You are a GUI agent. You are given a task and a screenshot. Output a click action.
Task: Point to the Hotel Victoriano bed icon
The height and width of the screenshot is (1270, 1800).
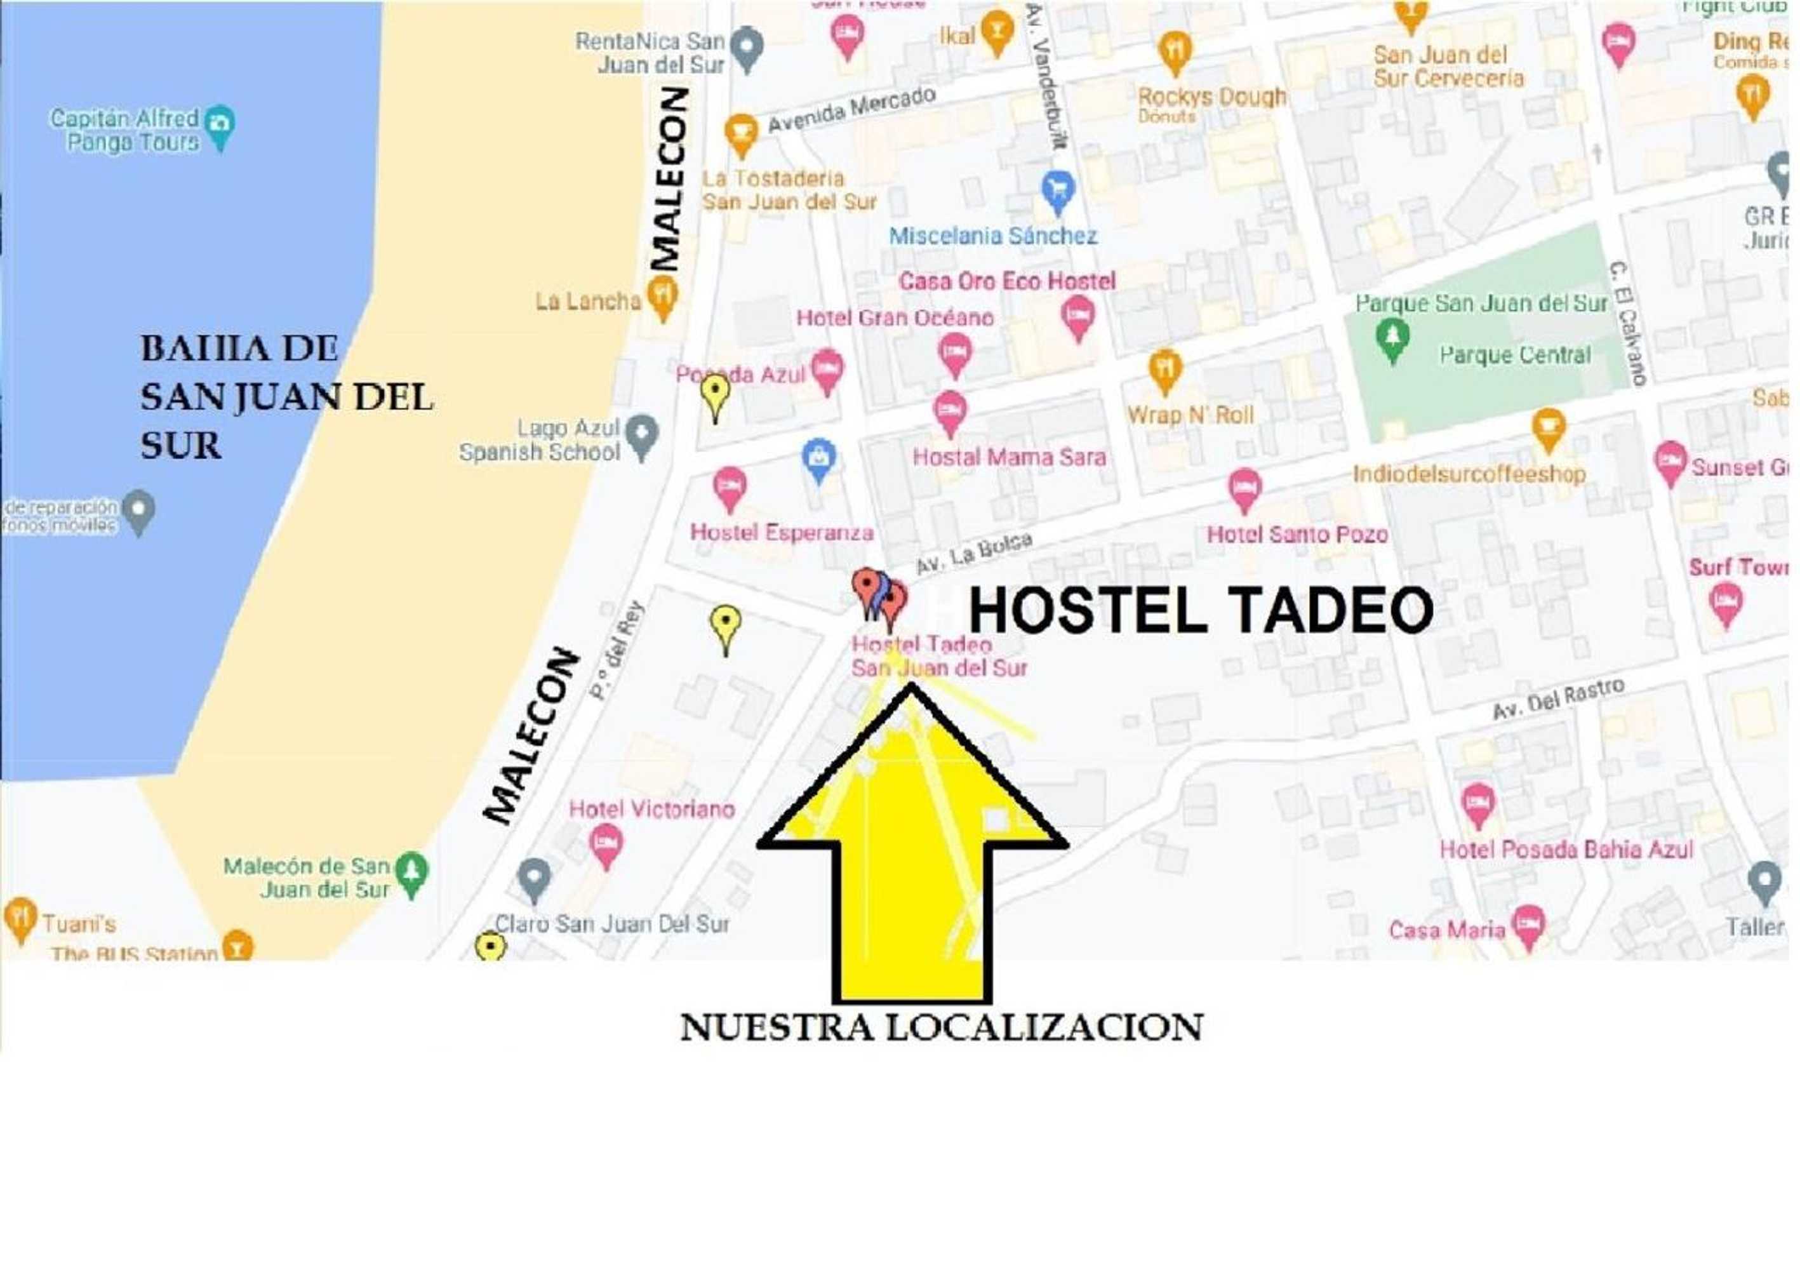[606, 845]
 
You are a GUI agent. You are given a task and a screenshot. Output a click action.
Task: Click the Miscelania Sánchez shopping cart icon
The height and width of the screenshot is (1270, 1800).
[1058, 190]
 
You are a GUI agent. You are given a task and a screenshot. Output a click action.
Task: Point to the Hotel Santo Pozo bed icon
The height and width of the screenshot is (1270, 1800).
[1243, 488]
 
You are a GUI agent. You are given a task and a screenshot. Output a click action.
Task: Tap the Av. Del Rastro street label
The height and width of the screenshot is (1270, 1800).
[1557, 698]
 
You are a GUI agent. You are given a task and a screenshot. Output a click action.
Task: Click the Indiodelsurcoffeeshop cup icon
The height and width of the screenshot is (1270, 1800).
[1549, 428]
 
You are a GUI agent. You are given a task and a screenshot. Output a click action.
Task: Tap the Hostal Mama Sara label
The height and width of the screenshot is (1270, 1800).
[1009, 457]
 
